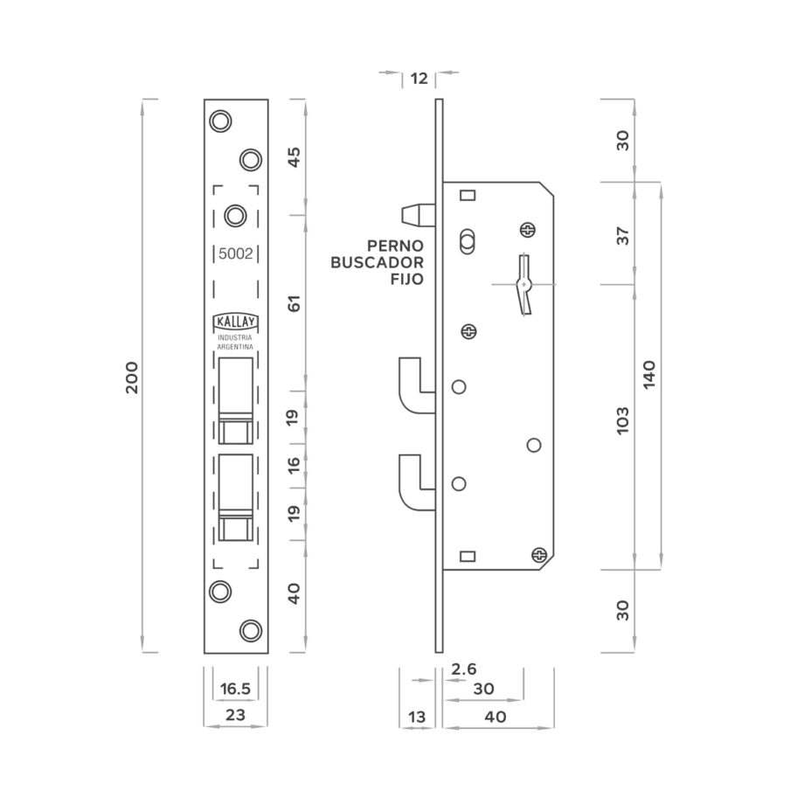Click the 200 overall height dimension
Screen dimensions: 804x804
[132, 378]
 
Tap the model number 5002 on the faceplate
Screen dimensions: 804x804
[236, 253]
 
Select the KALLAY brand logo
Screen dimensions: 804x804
[235, 322]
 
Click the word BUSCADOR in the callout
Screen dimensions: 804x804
[377, 262]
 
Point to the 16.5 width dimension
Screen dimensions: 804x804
[235, 689]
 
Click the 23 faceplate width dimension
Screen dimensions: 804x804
[235, 715]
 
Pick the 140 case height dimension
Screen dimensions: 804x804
[649, 375]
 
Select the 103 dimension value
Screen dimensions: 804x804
[622, 420]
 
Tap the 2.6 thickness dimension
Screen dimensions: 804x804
[463, 669]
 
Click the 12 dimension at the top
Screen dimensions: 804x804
[419, 79]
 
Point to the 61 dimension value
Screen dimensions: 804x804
[295, 303]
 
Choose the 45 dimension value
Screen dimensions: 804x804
[295, 157]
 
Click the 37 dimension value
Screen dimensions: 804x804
[622, 236]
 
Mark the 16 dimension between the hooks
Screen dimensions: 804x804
[294, 465]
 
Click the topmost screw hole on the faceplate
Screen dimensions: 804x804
[221, 121]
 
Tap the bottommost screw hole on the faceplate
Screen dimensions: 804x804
[251, 630]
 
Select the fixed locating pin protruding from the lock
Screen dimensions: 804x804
[418, 215]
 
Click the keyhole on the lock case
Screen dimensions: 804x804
[523, 285]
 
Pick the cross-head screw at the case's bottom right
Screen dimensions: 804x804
[539, 554]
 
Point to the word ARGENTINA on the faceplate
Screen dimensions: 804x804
[235, 347]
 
